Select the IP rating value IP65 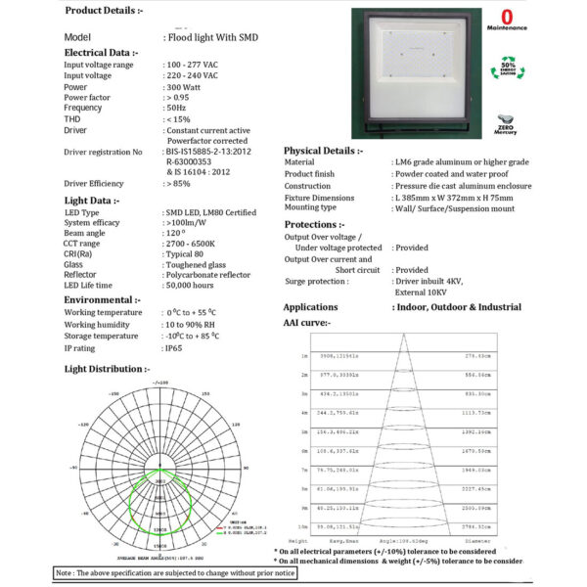[175, 348]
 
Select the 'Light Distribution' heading [107, 369]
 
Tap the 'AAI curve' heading [306, 322]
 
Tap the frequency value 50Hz [176, 107]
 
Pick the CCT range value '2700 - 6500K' [194, 244]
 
